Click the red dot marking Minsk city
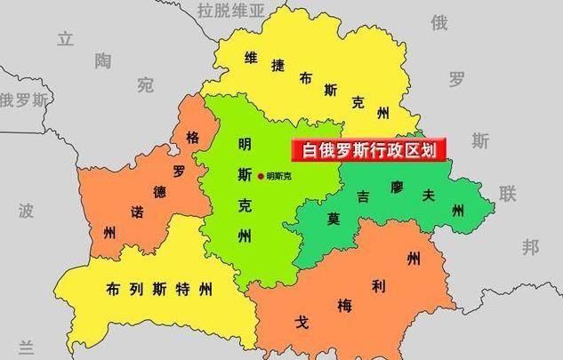(x=261, y=176)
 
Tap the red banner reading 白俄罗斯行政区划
(x=369, y=149)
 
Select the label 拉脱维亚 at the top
(x=231, y=11)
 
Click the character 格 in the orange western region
(x=192, y=138)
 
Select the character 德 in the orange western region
(x=159, y=191)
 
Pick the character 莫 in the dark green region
(x=334, y=218)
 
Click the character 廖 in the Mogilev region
(x=396, y=188)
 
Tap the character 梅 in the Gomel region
(x=344, y=305)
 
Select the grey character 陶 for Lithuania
(x=104, y=60)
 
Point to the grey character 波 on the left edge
(x=26, y=211)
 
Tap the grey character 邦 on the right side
(x=531, y=246)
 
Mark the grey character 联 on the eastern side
(x=507, y=194)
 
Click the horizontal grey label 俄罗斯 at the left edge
(x=23, y=100)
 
